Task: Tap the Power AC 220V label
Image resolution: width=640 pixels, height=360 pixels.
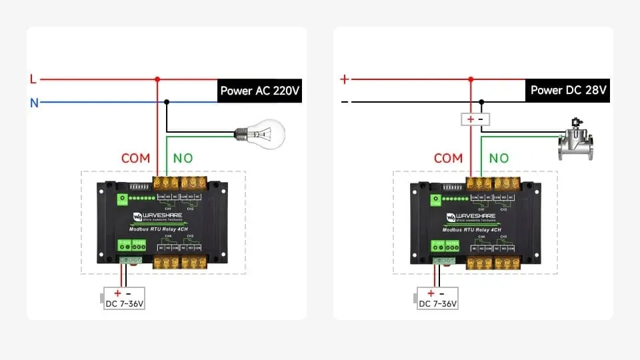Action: [260, 91]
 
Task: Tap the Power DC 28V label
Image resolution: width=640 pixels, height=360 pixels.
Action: [569, 91]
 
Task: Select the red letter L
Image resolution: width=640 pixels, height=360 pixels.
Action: [33, 79]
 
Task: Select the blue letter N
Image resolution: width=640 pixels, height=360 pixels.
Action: [34, 103]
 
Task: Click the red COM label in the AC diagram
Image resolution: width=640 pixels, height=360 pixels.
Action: [135, 159]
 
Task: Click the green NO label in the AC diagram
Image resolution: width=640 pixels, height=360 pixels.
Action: [183, 159]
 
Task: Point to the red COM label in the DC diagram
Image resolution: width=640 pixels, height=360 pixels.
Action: [448, 159]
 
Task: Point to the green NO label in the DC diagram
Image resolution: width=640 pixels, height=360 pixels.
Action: [499, 159]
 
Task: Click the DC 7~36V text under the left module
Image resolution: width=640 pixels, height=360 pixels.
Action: [124, 304]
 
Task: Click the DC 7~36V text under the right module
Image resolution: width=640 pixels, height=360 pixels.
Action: [437, 304]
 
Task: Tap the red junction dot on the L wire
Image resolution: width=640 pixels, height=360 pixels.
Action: [157, 79]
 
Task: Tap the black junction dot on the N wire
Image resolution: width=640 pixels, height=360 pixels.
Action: [167, 102]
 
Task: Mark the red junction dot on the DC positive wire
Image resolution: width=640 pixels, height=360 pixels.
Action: [471, 79]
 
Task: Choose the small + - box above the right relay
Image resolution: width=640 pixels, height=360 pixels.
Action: [475, 119]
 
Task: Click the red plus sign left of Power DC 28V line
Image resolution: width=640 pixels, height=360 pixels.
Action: [345, 79]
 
